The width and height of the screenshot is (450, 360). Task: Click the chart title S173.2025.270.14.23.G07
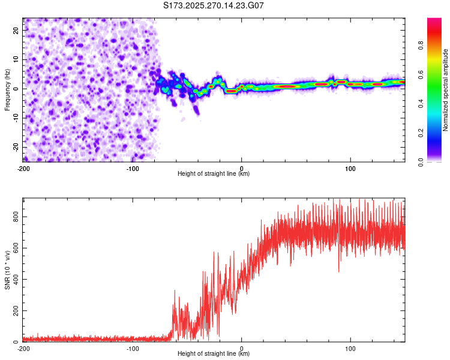(214, 5)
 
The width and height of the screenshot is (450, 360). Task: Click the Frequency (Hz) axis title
(7, 89)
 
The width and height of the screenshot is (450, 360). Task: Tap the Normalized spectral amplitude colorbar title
(445, 90)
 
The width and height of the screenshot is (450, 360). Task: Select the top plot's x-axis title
(214, 174)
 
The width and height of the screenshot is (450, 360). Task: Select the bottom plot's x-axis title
(214, 354)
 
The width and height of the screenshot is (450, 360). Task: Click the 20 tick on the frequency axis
(16, 30)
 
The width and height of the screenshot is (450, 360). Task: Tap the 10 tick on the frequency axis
(16, 59)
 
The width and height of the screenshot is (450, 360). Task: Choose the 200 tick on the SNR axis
(14, 311)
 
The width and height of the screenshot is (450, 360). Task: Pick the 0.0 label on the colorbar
(421, 161)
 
